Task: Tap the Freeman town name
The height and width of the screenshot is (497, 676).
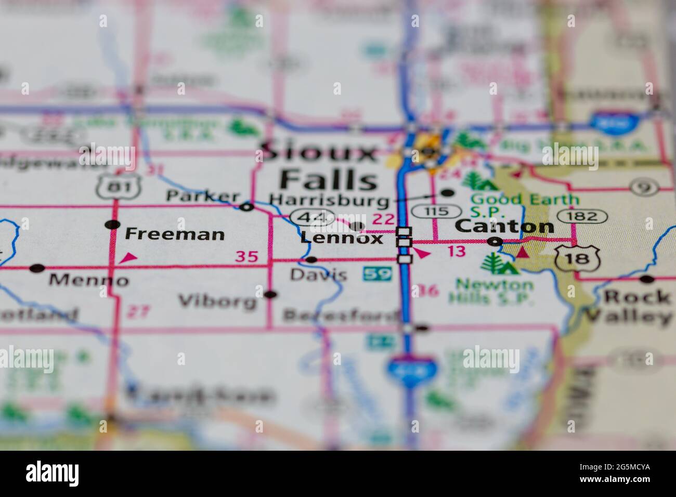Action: pyautogui.click(x=175, y=234)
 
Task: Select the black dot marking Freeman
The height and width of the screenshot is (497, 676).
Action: pyautogui.click(x=112, y=225)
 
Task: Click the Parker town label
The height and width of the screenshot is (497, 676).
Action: pyautogui.click(x=202, y=197)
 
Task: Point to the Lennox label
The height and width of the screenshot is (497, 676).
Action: pyautogui.click(x=342, y=239)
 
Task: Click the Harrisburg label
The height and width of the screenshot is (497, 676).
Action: pyautogui.click(x=329, y=200)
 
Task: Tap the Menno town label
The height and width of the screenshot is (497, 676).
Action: pyautogui.click(x=88, y=281)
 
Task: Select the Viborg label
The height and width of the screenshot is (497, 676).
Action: pyautogui.click(x=217, y=301)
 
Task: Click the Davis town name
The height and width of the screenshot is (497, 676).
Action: pyautogui.click(x=318, y=274)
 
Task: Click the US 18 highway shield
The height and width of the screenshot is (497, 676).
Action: pyautogui.click(x=570, y=258)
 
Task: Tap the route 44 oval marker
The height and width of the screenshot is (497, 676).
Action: pyautogui.click(x=312, y=217)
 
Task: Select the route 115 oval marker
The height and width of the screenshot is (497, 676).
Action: pyautogui.click(x=436, y=212)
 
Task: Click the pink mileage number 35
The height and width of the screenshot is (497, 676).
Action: pyautogui.click(x=246, y=256)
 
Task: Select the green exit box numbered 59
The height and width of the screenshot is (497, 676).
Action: pyautogui.click(x=378, y=273)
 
